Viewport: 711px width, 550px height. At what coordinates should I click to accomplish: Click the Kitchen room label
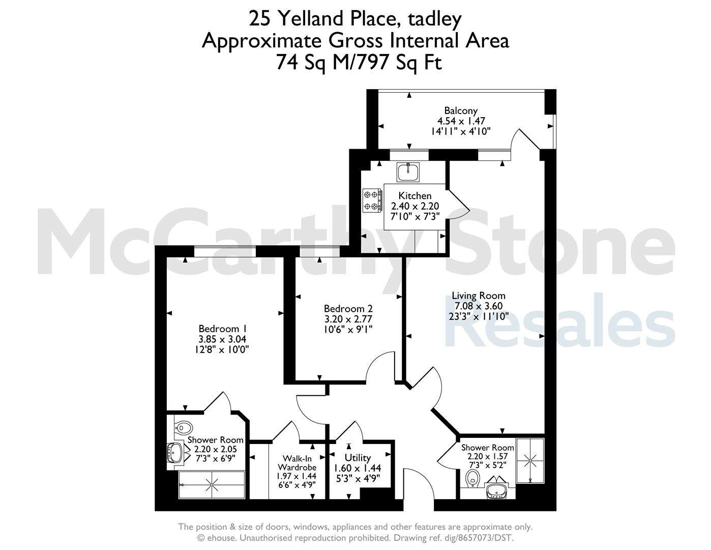[x=414, y=196]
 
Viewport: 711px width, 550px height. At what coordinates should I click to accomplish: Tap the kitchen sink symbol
[x=408, y=172]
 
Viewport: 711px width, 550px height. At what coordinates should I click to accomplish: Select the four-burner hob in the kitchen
[x=372, y=200]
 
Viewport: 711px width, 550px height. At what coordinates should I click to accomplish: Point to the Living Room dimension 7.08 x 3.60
[x=479, y=306]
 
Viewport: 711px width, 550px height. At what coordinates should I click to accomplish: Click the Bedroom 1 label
[x=222, y=328]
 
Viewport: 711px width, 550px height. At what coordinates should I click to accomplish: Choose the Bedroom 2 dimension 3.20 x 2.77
[x=348, y=319]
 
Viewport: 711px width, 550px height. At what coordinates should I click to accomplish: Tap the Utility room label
[x=358, y=458]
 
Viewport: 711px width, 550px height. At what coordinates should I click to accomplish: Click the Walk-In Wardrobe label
[x=297, y=463]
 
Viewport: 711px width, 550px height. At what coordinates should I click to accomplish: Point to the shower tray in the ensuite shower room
[x=212, y=485]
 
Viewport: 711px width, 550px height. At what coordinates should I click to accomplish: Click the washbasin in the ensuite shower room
[x=175, y=453]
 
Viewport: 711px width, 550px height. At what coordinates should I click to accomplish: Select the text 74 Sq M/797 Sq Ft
[x=359, y=62]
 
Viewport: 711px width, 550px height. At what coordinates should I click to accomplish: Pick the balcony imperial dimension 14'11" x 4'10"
[x=461, y=131]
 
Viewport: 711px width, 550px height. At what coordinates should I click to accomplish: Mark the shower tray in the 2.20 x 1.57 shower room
[x=530, y=460]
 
